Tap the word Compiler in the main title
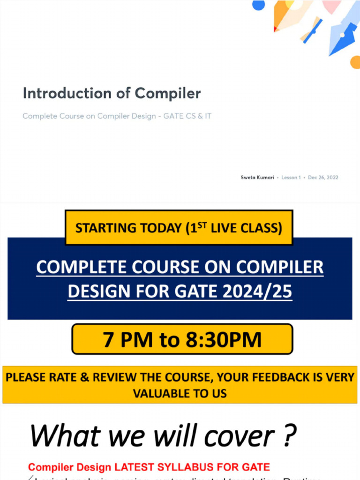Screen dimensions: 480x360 tap(168, 93)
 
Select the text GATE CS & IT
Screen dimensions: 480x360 tap(187, 116)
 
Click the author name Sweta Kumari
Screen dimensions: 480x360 tap(257, 178)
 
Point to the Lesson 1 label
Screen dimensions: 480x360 tap(291, 178)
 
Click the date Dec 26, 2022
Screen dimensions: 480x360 tap(323, 178)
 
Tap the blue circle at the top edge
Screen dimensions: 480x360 tap(258, 4)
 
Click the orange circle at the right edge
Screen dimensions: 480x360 tap(355, 62)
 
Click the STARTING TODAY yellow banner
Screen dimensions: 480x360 tap(179, 228)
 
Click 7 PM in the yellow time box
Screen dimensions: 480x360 tap(127, 339)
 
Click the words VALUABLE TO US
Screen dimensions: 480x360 tap(180, 393)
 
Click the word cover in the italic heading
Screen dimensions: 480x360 tap(237, 436)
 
